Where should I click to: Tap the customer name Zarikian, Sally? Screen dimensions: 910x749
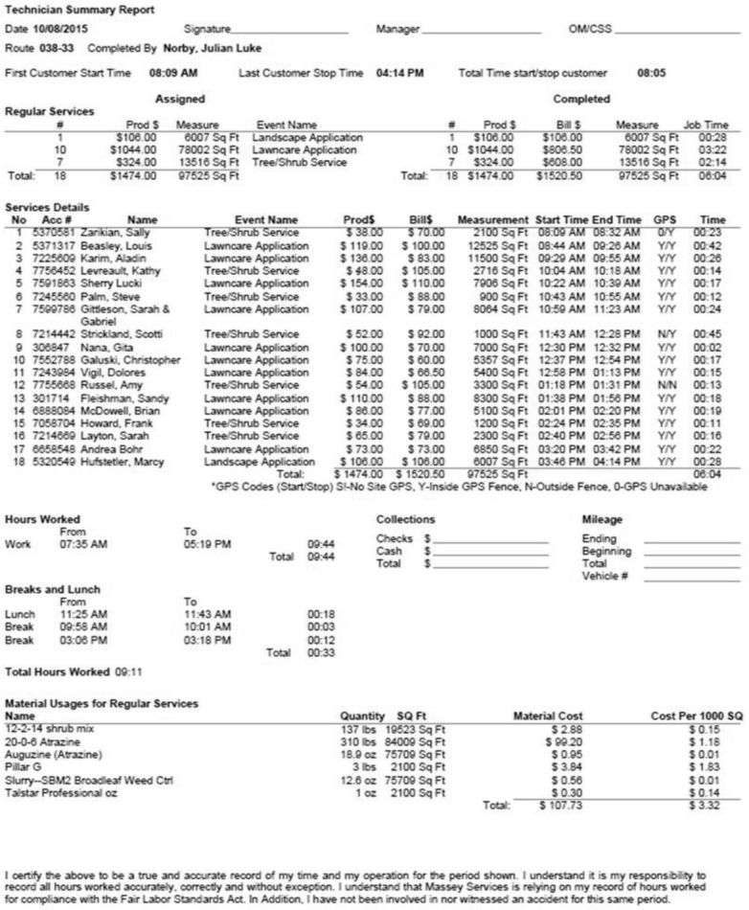click(127, 233)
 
